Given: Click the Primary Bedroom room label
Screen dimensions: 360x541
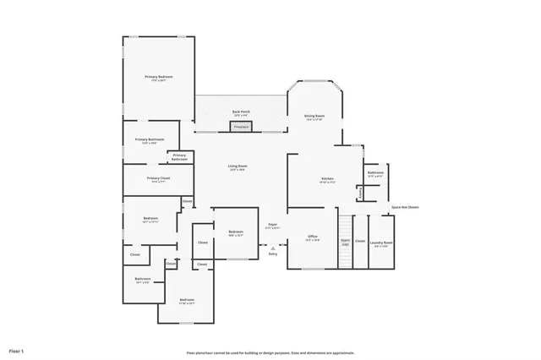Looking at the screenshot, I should (x=159, y=77).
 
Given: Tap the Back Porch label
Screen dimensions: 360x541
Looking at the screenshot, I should (x=241, y=112).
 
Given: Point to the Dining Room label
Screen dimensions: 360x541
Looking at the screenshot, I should (x=315, y=117).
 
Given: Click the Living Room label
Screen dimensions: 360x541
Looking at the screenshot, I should (x=237, y=166).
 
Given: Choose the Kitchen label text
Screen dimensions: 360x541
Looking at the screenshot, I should (x=327, y=179).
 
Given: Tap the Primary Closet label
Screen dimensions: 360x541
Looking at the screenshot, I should (x=158, y=178).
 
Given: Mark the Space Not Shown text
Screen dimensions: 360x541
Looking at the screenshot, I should (x=405, y=207).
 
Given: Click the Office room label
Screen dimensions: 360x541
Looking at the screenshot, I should (x=312, y=237).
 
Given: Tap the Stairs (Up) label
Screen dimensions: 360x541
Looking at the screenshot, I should (x=345, y=242).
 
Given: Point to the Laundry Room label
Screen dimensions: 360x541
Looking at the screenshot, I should (x=383, y=243).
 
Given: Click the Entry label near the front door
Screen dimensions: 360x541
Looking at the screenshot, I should (x=273, y=254).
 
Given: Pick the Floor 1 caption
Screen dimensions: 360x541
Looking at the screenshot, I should (x=17, y=349).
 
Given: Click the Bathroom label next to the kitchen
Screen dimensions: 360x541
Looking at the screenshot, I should (x=376, y=172).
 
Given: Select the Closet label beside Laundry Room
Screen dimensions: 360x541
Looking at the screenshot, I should (x=360, y=242).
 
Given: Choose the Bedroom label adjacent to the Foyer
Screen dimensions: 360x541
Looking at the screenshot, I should (x=235, y=232).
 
